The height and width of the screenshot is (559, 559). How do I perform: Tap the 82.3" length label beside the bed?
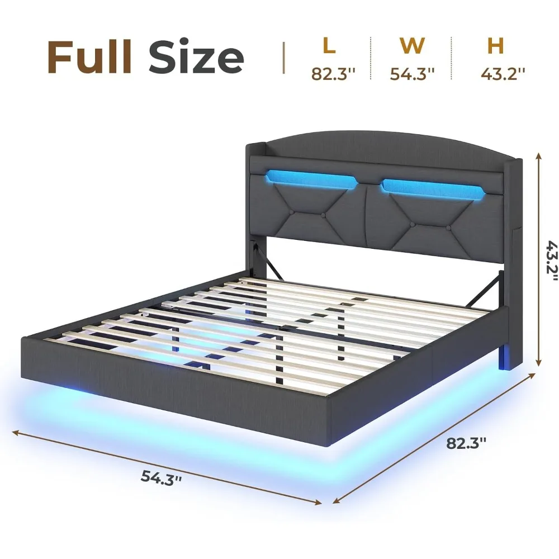[x=466, y=443]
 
